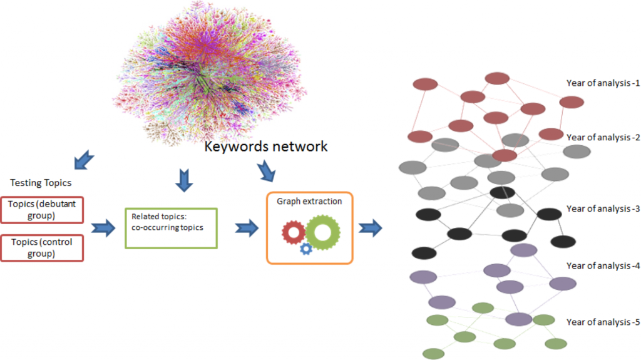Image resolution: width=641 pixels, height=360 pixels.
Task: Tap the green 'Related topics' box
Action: (x=171, y=228)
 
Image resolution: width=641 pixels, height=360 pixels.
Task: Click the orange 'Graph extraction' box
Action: (x=310, y=228)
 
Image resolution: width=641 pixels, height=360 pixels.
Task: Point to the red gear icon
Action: (x=294, y=232)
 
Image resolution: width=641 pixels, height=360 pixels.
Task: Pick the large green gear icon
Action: (x=322, y=232)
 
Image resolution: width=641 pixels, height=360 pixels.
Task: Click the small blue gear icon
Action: (x=306, y=249)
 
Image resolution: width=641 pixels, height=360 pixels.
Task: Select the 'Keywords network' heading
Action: (x=266, y=147)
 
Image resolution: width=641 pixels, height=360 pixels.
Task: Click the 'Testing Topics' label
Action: (x=41, y=183)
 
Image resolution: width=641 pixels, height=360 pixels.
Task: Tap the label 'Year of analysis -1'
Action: (x=603, y=83)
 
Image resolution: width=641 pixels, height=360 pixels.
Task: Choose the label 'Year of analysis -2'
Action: (x=603, y=137)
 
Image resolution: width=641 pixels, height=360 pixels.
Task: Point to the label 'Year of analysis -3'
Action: (x=603, y=208)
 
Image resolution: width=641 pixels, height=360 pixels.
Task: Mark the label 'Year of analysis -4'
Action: (x=603, y=265)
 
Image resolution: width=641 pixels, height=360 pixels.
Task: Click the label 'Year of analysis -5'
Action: (x=603, y=322)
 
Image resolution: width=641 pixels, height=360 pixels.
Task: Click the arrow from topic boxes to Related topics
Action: (x=103, y=228)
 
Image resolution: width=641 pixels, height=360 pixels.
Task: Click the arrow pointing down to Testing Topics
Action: (x=83, y=160)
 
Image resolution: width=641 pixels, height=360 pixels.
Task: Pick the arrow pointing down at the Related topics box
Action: (x=184, y=180)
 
